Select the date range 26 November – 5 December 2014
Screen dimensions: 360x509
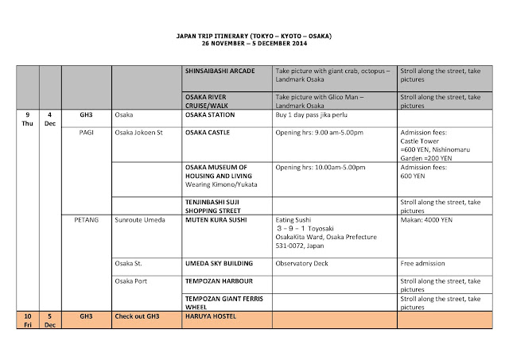click(x=254, y=45)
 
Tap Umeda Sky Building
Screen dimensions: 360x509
click(x=219, y=263)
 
